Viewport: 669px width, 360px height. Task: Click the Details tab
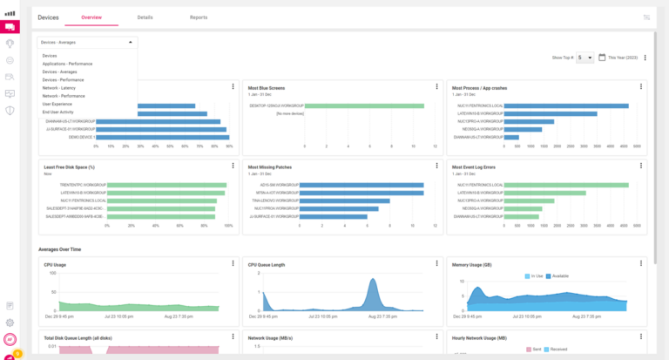click(x=145, y=17)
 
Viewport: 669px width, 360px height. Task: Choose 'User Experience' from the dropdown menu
click(x=57, y=104)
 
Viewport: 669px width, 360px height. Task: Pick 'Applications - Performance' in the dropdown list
click(x=67, y=64)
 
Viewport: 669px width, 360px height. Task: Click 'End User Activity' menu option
click(x=57, y=112)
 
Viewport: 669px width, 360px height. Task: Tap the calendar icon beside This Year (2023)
click(x=601, y=57)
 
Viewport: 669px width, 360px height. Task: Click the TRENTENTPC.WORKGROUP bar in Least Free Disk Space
click(x=166, y=185)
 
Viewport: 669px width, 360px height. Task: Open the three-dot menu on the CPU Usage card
click(x=233, y=263)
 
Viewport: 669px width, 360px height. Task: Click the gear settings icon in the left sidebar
click(x=10, y=322)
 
